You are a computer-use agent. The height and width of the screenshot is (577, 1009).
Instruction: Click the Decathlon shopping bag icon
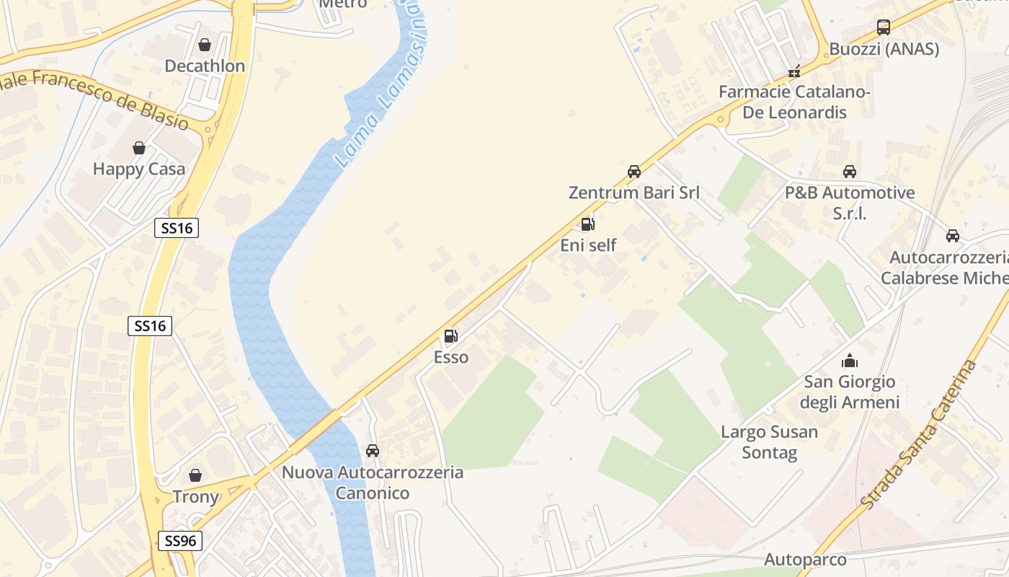(205, 45)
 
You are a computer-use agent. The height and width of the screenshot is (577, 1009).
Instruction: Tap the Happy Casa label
(139, 169)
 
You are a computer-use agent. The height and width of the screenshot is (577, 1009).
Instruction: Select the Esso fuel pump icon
(451, 335)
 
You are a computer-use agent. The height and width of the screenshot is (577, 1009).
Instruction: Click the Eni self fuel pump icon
(588, 224)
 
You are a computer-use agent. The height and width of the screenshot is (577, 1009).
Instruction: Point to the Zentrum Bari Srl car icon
(634, 172)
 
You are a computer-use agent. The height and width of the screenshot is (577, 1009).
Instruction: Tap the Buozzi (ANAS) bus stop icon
(884, 28)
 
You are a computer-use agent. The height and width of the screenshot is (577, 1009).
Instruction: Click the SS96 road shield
(179, 541)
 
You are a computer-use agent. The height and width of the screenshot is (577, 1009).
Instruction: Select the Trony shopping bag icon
(195, 475)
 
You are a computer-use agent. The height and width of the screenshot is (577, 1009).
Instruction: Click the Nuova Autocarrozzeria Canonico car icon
(373, 451)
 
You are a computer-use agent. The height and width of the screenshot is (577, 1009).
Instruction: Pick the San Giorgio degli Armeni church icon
(850, 361)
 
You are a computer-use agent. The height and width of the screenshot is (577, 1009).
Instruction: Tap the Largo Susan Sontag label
(769, 442)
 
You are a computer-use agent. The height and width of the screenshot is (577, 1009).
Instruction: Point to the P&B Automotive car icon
(850, 172)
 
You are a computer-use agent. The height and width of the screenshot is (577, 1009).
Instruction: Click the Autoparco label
(805, 560)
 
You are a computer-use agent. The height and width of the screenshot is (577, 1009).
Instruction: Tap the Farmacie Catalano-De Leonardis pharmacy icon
(794, 71)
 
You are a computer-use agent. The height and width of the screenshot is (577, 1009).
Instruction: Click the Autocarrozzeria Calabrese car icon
(953, 236)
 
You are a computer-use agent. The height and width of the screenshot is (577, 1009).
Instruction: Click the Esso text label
(451, 357)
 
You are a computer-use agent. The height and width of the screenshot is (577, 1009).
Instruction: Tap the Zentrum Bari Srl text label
(634, 193)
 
